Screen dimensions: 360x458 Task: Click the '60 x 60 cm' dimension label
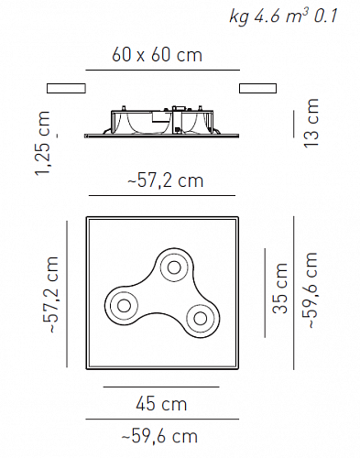coord(157,55)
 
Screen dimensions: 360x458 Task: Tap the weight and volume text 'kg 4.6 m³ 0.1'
coord(283,16)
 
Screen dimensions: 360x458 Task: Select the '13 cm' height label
coord(311,123)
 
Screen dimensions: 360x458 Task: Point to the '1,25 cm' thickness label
coord(42,143)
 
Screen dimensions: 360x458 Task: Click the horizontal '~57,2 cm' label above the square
coord(166,180)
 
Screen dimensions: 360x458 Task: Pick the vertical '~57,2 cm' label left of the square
coord(50,295)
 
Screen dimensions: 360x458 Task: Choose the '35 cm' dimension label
coord(280,288)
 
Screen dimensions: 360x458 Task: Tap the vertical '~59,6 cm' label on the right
coord(311,290)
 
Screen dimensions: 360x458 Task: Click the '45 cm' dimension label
coord(161,404)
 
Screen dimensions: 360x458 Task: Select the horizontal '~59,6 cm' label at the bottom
coord(159,436)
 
